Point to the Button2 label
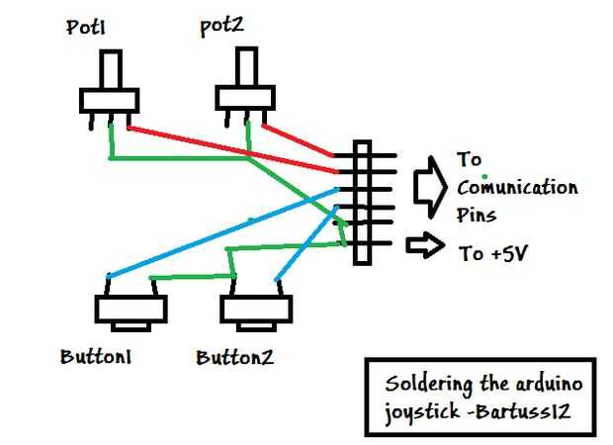(x=234, y=356)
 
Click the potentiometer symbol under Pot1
(x=107, y=99)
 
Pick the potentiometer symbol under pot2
(x=244, y=97)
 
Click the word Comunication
(x=517, y=187)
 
